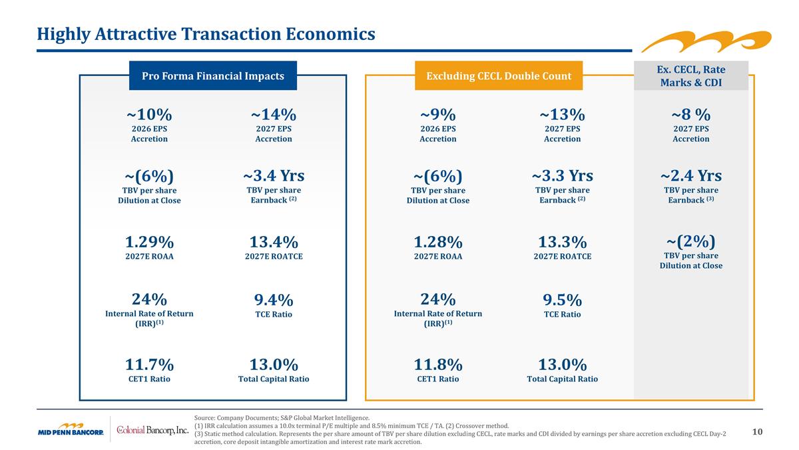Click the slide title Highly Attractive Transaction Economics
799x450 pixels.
tap(206, 33)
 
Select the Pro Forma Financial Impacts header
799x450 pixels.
tap(213, 76)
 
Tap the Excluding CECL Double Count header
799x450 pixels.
tap(499, 76)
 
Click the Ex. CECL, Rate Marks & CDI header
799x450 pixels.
tap(690, 76)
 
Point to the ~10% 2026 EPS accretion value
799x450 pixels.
tap(149, 114)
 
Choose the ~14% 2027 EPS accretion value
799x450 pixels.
tap(274, 114)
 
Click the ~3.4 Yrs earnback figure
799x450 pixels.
tap(274, 176)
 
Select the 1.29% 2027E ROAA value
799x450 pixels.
tap(149, 241)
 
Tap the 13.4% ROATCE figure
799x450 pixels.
tap(274, 241)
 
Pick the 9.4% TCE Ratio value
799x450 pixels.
tap(274, 301)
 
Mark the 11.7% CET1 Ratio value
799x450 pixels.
tap(149, 365)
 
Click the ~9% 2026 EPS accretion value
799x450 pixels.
tap(437, 114)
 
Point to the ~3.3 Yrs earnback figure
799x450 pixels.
tap(562, 176)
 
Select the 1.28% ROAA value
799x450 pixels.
tap(437, 241)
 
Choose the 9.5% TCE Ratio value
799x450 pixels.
tap(562, 301)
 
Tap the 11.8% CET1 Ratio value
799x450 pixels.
tap(437, 365)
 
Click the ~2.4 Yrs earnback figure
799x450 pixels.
tap(690, 176)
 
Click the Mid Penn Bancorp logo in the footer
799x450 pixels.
tap(70, 430)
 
